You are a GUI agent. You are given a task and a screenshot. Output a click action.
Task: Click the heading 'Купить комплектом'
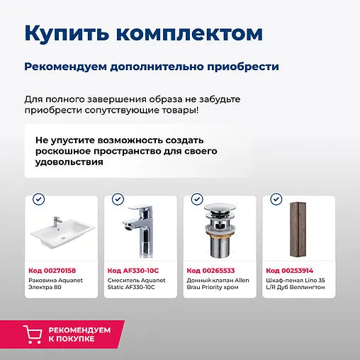point(143,33)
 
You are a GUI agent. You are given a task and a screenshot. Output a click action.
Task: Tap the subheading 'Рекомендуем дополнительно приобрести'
point(151,67)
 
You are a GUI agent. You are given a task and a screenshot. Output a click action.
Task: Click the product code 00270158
point(52,270)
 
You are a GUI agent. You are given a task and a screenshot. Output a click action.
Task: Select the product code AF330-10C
point(133,270)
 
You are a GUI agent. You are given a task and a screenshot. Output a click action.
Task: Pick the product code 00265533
point(210,270)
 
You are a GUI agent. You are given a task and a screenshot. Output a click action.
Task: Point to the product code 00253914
point(289,270)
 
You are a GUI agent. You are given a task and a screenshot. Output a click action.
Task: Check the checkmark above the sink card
point(38,200)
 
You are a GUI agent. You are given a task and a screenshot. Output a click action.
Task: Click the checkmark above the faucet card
point(118,200)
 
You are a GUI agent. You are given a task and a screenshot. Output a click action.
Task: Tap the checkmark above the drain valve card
point(197,200)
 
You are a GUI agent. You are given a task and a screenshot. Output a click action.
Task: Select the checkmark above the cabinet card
point(276,200)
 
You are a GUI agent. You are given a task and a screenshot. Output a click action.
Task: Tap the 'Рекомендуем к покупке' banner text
point(79,334)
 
